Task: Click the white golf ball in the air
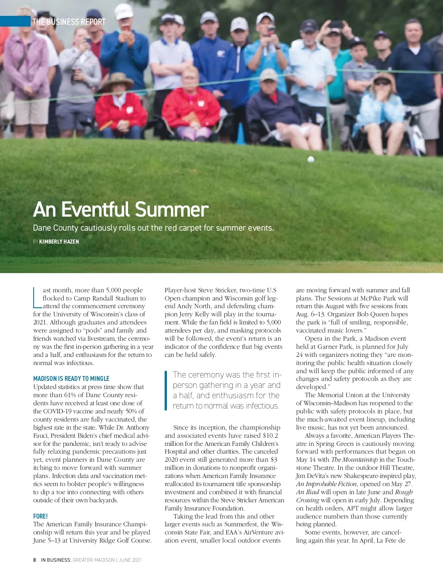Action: (311, 159)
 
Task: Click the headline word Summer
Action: (172, 210)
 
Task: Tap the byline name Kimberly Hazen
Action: (59, 242)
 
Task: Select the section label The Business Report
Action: (69, 22)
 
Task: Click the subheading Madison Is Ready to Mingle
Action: (71, 379)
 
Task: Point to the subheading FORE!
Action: (40, 516)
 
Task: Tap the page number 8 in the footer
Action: (35, 560)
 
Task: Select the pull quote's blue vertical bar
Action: (166, 390)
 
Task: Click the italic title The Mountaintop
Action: (354, 460)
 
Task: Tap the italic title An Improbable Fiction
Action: (326, 484)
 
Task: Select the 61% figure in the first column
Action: (70, 395)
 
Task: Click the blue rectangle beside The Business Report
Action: (15, 21)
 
